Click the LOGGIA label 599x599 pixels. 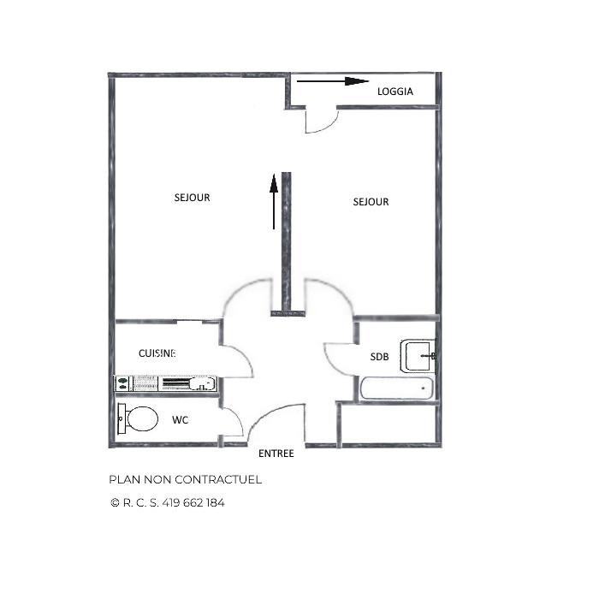coord(395,91)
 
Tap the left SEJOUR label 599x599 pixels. coord(192,198)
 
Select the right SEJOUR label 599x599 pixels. coord(371,202)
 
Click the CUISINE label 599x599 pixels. coord(157,353)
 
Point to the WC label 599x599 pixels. coord(181,420)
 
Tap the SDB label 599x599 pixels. coord(379,357)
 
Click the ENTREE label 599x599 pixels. coord(276,454)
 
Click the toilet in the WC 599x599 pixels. coord(139,418)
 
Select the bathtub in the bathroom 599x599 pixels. coord(395,389)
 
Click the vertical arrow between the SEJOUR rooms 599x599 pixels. coord(274,202)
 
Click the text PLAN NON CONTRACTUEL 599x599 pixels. coord(185,479)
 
